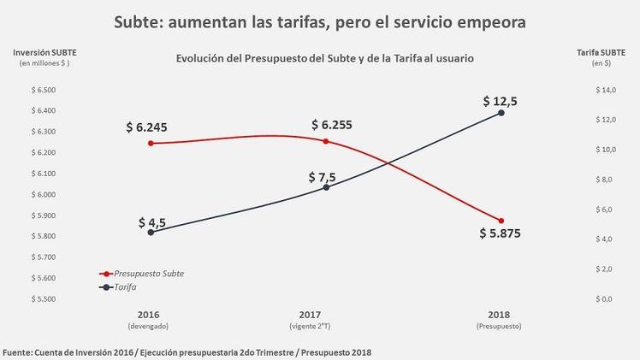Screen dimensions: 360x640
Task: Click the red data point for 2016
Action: point(151,144)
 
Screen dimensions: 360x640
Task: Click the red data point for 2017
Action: point(326,141)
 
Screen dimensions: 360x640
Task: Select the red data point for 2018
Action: point(501,221)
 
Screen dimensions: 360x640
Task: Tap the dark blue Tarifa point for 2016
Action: point(151,233)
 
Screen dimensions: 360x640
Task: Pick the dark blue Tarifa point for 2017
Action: point(326,187)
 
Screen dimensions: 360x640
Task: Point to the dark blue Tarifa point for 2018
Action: point(501,113)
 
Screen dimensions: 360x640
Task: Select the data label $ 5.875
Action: point(500,233)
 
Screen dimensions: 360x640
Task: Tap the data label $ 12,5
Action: point(500,100)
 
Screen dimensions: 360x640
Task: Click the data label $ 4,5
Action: point(152,222)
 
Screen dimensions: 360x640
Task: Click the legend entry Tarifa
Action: point(126,287)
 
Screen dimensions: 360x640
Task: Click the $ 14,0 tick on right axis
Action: point(605,91)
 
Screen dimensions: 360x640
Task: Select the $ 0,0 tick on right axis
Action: point(605,299)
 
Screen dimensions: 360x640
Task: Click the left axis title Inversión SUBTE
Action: point(43,53)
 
